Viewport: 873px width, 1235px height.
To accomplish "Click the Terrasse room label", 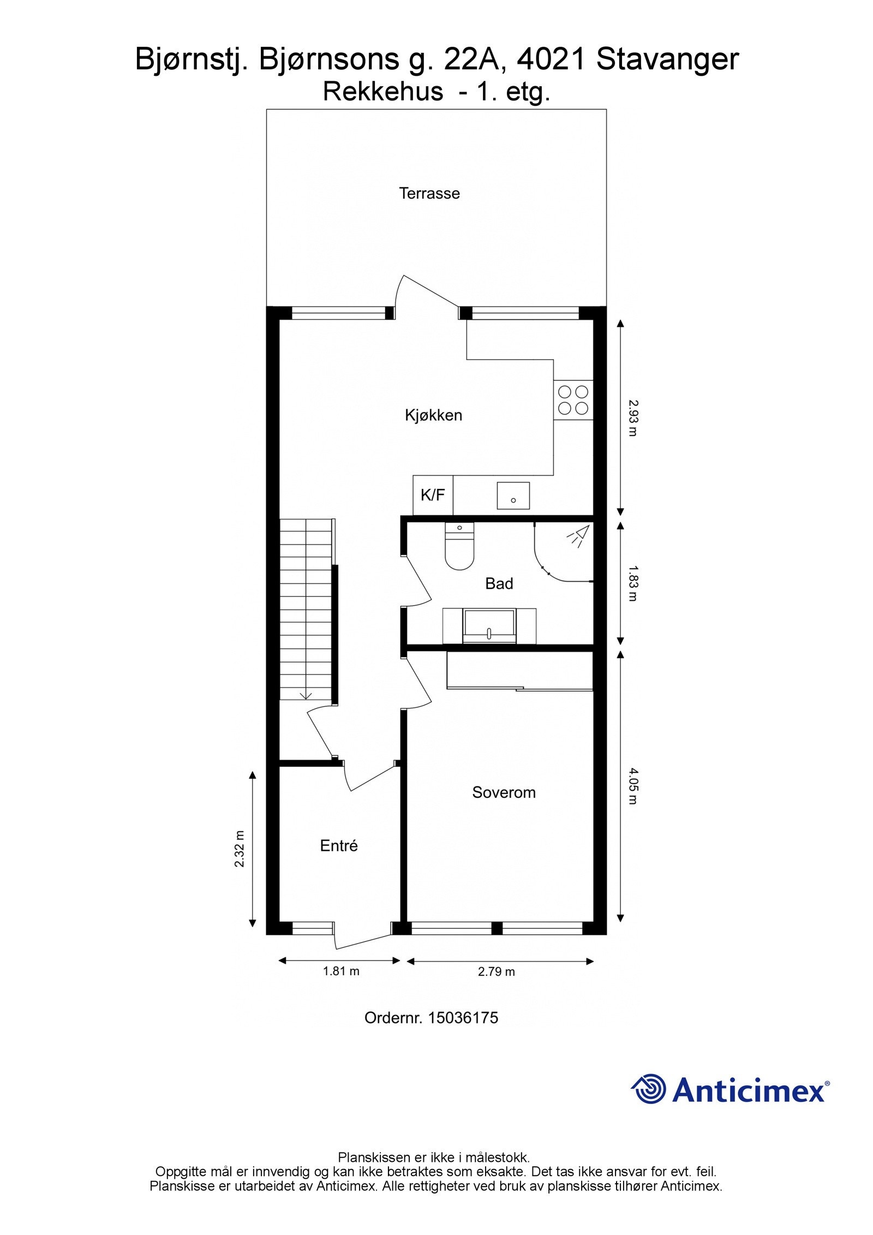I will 429,193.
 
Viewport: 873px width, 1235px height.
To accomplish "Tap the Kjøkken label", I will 433,415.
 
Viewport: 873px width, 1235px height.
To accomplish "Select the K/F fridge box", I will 433,495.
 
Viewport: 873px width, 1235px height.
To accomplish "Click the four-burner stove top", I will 573,400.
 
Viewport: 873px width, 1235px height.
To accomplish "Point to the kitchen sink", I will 513,496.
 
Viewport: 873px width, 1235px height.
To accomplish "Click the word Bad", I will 499,584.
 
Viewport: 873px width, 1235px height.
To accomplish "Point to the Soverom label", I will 504,792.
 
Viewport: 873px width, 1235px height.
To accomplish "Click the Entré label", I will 339,846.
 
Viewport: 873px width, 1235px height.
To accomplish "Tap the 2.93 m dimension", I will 632,418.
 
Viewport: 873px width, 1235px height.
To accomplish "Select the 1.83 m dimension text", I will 632,583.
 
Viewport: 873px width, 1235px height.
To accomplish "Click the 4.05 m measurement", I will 632,786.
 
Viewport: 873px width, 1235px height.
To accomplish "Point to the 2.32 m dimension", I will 240,849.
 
